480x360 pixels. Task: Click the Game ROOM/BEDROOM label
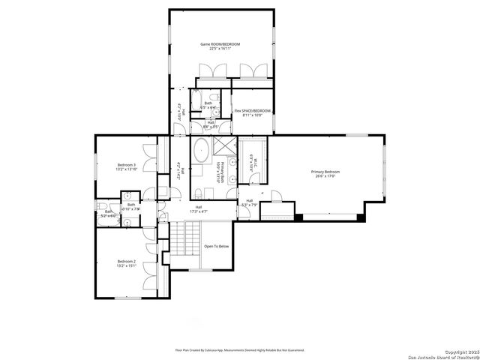[x=220, y=44]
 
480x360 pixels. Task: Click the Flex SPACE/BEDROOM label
[x=252, y=111]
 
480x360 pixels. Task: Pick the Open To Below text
[x=217, y=246]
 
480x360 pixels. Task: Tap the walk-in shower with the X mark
[x=224, y=145]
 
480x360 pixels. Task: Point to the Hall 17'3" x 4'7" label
[x=199, y=209]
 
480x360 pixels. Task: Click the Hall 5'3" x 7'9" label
[x=249, y=202]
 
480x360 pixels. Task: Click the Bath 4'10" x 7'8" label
[x=131, y=207]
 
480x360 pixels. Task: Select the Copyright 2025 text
[x=458, y=351]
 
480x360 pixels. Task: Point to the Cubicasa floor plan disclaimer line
[x=239, y=349]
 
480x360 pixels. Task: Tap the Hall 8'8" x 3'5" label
[x=201, y=124]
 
